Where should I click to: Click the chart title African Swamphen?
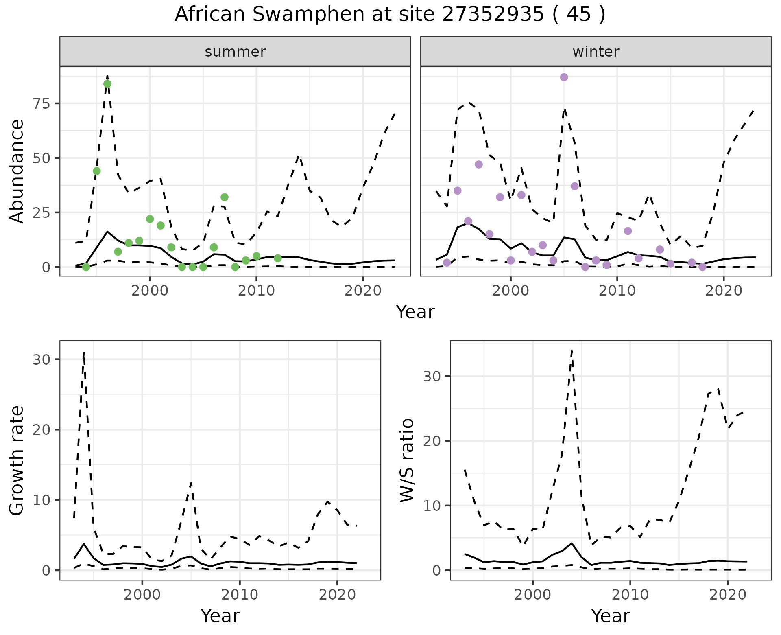click(390, 15)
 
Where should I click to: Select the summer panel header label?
click(235, 52)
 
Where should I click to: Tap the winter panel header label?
click(596, 52)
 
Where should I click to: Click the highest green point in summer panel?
click(107, 84)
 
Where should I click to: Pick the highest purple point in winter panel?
click(564, 77)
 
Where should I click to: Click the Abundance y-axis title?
click(17, 171)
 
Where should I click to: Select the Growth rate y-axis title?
click(17, 460)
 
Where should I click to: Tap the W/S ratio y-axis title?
click(407, 460)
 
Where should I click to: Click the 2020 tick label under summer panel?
click(362, 291)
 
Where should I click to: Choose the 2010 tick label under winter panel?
click(617, 291)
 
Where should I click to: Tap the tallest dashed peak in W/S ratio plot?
click(572, 350)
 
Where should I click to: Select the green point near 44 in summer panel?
click(97, 171)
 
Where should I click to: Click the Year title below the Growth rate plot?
click(220, 616)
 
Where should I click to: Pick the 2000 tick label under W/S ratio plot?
click(532, 595)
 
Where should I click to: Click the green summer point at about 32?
click(225, 197)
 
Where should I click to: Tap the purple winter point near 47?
click(479, 164)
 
